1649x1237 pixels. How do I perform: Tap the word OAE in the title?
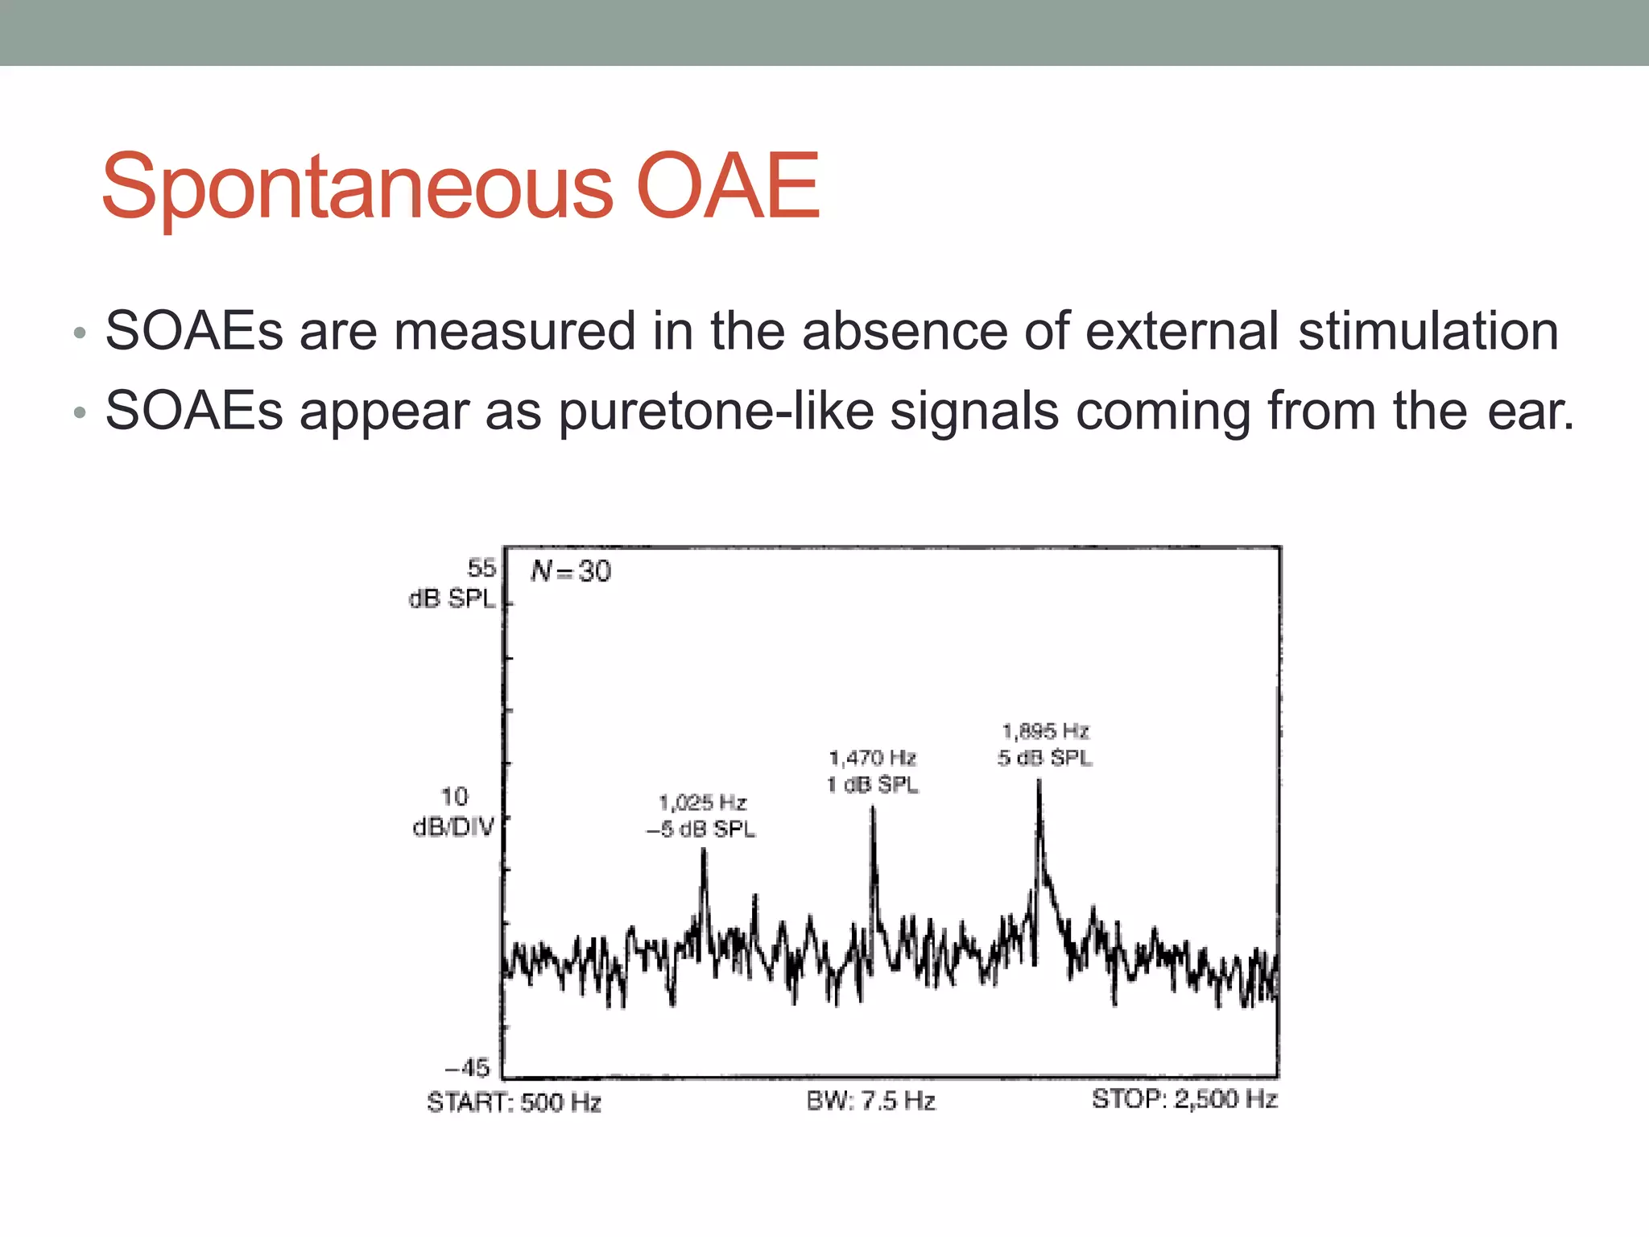(727, 187)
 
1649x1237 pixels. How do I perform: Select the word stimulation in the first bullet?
(1428, 331)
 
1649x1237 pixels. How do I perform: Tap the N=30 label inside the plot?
(571, 571)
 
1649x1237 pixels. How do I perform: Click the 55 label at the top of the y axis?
(481, 568)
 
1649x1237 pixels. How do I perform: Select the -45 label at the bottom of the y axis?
(468, 1068)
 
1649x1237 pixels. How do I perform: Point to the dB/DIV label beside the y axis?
(453, 827)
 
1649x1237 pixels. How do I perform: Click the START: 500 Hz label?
(514, 1102)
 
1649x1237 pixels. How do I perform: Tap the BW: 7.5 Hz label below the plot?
(870, 1101)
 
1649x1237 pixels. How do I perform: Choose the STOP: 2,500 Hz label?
(1184, 1099)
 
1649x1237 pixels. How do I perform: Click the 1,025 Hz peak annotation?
(702, 802)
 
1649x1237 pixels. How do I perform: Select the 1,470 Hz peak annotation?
(872, 758)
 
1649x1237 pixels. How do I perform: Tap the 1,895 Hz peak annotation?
(1045, 731)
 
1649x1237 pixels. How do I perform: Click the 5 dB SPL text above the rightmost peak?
(1045, 758)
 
